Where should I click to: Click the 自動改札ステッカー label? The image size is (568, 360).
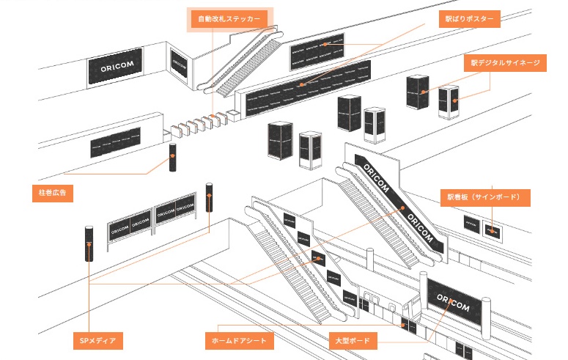tap(229, 19)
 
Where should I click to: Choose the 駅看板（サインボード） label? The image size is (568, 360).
tap(484, 197)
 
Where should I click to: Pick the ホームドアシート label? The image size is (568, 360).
tap(239, 341)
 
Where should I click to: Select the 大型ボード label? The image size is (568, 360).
tap(353, 341)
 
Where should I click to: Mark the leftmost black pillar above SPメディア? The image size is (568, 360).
tap(89, 243)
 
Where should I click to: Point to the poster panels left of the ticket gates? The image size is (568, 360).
tap(115, 142)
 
